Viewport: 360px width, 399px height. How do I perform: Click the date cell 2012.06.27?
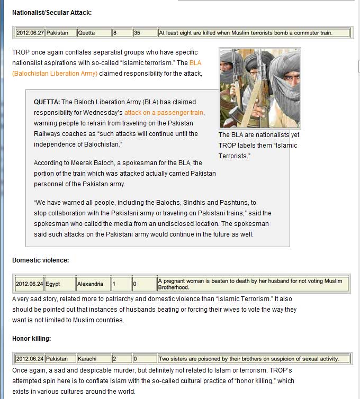[x=30, y=33]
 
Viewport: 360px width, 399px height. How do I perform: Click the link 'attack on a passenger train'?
[x=164, y=113]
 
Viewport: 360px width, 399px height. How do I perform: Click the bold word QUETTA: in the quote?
[x=47, y=102]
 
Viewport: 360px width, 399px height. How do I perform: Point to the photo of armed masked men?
[x=259, y=88]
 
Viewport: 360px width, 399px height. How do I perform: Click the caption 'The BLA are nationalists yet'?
[x=259, y=135]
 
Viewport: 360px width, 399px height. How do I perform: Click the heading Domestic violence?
[x=41, y=260]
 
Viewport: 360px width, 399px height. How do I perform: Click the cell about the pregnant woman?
[x=253, y=284]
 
